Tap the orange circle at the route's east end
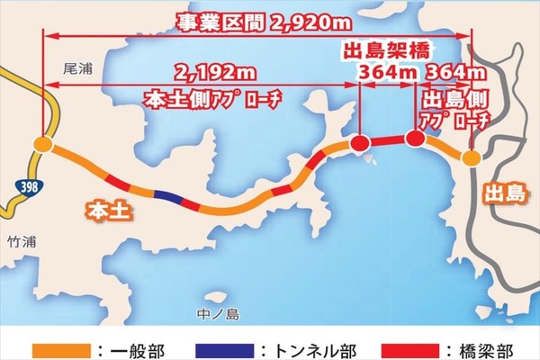click(472, 158)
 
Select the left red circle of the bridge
click(360, 143)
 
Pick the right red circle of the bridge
click(414, 139)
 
